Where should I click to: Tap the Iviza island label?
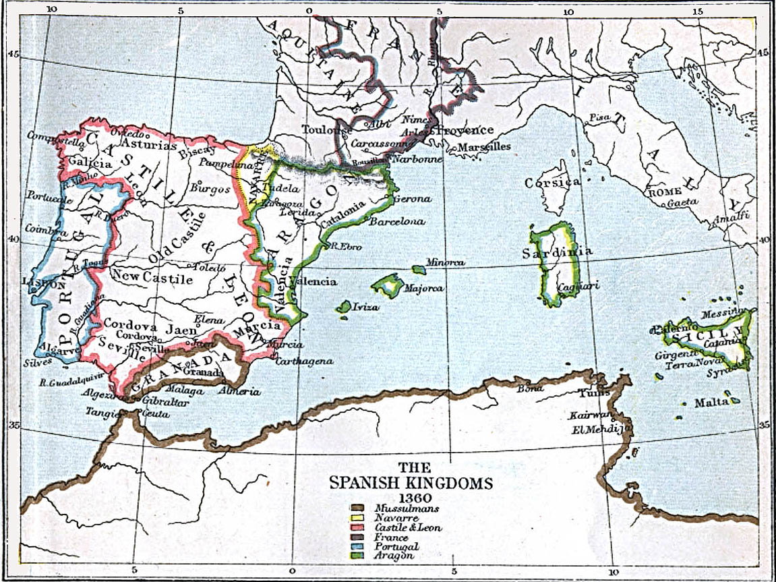coord(364,307)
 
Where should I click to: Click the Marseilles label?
coord(484,146)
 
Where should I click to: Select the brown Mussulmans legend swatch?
coord(357,508)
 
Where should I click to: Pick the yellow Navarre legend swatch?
coord(357,518)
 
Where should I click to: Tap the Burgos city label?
coord(210,188)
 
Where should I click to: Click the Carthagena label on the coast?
coord(304,361)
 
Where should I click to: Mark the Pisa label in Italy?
coord(599,117)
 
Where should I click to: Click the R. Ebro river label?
coord(345,247)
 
